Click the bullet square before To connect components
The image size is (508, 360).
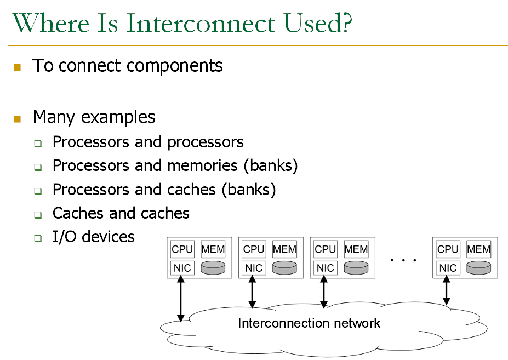click(x=17, y=67)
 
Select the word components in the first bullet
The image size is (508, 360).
click(x=175, y=66)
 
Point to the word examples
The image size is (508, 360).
click(x=118, y=117)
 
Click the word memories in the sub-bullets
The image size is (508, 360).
click(x=202, y=165)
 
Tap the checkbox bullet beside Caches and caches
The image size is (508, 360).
click(x=38, y=214)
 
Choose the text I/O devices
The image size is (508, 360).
click(x=94, y=237)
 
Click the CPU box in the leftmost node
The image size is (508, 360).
click(x=182, y=249)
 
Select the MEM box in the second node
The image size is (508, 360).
click(x=284, y=249)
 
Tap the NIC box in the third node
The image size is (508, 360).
click(x=326, y=268)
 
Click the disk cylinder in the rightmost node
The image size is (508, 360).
click(x=478, y=268)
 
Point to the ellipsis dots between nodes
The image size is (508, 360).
click(x=403, y=260)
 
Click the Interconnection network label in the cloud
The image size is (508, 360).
click(x=309, y=323)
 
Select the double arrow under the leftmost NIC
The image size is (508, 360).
click(x=181, y=299)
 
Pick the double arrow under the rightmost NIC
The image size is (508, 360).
click(x=447, y=290)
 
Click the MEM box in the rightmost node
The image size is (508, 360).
click(x=478, y=249)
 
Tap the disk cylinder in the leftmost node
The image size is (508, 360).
click(x=213, y=268)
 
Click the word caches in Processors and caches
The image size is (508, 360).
click(x=192, y=190)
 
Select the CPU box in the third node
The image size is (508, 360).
click(x=326, y=249)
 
